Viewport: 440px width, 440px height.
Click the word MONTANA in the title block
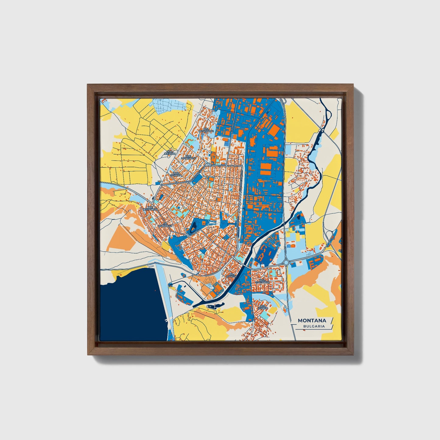312,320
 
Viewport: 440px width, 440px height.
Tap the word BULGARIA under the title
314,326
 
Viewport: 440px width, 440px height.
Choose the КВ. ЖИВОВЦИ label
165,225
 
